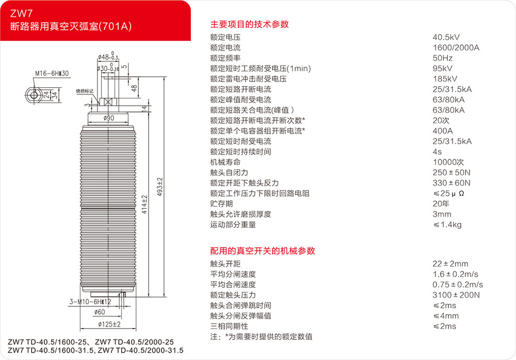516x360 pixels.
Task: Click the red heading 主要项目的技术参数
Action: point(249,24)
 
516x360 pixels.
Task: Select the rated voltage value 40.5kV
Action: point(446,37)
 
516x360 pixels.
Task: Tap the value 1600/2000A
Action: point(456,47)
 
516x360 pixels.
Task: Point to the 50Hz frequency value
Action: point(443,58)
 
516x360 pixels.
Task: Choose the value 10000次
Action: point(448,162)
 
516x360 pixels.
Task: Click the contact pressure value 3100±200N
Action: point(456,295)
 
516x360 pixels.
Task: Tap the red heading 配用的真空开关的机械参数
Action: point(263,251)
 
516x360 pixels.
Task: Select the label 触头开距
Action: point(225,264)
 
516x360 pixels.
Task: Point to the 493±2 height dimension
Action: point(159,187)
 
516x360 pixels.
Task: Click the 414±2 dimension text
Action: point(144,204)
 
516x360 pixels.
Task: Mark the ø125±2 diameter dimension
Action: point(109,324)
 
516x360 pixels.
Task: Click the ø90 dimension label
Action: point(108,118)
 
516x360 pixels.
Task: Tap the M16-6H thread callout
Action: point(52,73)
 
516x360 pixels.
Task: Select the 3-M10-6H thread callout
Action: point(90,301)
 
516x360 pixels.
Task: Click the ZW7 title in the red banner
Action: point(21,13)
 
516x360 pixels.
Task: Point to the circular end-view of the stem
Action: point(34,95)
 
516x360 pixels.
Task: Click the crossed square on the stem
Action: point(108,102)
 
